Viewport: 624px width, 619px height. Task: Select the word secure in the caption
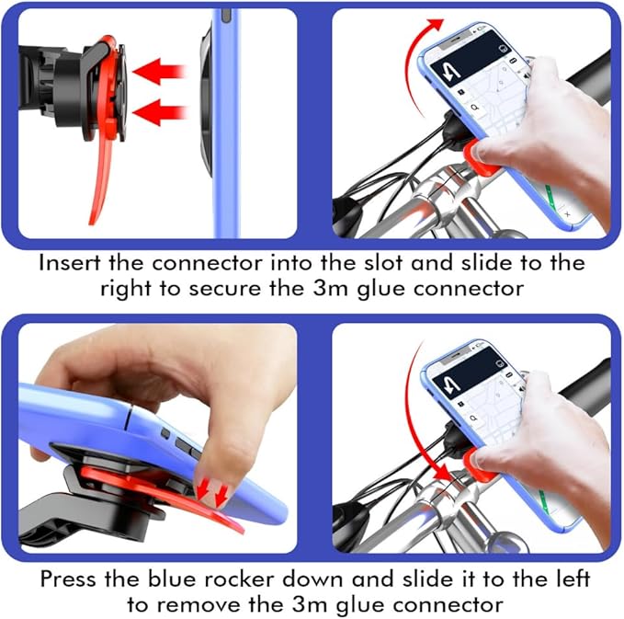[x=224, y=289]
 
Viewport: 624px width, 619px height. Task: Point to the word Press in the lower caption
[x=68, y=579]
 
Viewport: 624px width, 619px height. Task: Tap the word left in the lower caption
[x=572, y=579]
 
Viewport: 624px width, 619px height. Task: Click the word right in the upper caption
[x=125, y=289]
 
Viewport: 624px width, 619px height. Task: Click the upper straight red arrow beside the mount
[x=159, y=72]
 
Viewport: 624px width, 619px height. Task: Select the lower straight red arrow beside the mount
[x=159, y=112]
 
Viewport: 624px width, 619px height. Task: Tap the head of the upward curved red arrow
[x=437, y=25]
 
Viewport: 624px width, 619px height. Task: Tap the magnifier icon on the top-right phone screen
[x=475, y=107]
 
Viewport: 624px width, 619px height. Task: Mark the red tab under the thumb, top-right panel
[x=481, y=158]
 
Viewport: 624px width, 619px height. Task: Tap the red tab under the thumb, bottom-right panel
[x=481, y=464]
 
